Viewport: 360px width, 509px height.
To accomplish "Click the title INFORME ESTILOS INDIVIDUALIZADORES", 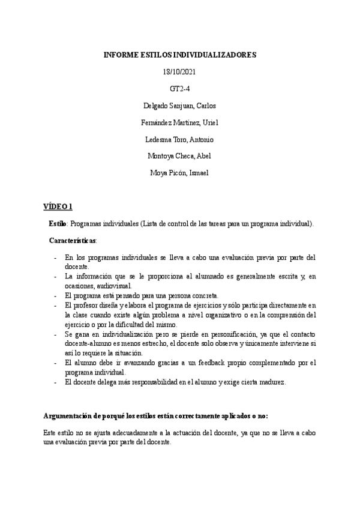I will (x=180, y=55).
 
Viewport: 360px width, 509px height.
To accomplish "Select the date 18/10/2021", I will (x=180, y=71).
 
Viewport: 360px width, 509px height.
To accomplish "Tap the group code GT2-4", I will (x=180, y=88).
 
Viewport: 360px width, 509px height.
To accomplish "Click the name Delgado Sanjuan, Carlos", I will (x=180, y=106).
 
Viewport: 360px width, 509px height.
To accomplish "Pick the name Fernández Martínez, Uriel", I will (x=180, y=122).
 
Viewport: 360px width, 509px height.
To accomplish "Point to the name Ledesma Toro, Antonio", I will (x=180, y=139).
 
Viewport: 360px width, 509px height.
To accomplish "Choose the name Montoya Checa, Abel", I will (x=180, y=156).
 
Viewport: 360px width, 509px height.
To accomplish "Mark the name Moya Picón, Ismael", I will (x=180, y=173).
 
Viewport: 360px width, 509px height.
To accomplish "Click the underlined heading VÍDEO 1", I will (x=58, y=206).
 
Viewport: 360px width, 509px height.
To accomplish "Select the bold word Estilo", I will (x=58, y=223).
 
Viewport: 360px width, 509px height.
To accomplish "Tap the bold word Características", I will (x=72, y=240).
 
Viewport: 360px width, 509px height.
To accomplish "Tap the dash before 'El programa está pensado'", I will (x=55, y=295).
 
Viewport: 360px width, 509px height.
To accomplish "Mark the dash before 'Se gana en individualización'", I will (x=55, y=334).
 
